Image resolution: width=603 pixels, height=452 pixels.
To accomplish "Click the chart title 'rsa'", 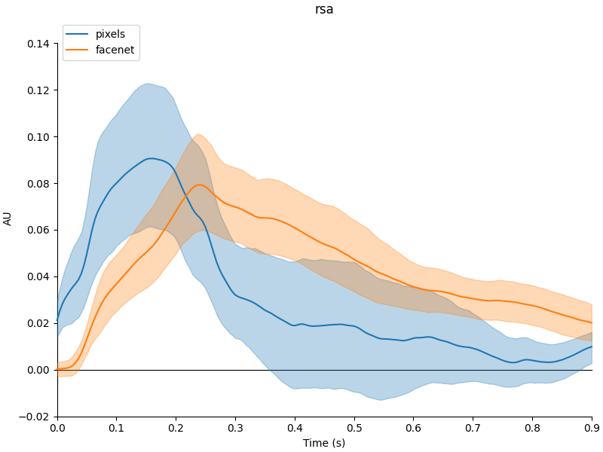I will pyautogui.click(x=324, y=10).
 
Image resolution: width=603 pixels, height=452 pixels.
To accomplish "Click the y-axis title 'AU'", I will pyautogui.click(x=8, y=218).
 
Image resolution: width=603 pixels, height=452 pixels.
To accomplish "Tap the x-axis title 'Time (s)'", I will pyautogui.click(x=324, y=443).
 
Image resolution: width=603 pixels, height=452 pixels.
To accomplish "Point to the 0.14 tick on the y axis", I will pyautogui.click(x=38, y=44).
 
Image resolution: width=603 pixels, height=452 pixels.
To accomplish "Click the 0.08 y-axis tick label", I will pyautogui.click(x=38, y=184).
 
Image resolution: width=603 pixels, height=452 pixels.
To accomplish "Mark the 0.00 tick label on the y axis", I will pyautogui.click(x=38, y=370).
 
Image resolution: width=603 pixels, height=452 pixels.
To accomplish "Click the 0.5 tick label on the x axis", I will pyautogui.click(x=354, y=428).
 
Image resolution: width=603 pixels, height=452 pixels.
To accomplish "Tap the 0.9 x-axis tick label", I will pyautogui.click(x=592, y=428).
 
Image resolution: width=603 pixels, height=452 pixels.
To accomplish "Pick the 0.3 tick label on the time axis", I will pyautogui.click(x=235, y=428).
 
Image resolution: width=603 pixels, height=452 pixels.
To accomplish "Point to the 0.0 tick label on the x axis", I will pyautogui.click(x=57, y=428).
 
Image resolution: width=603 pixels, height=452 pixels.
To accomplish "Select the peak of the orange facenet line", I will pyautogui.click(x=199, y=185).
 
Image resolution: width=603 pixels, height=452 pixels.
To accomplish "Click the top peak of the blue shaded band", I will pyautogui.click(x=148, y=84).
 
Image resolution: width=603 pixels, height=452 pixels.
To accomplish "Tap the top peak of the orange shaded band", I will pyautogui.click(x=197, y=135).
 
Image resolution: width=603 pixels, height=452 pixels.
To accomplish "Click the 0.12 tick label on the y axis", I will pyautogui.click(x=38, y=90).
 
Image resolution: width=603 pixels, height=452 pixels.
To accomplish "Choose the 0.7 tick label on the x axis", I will pyautogui.click(x=473, y=428).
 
